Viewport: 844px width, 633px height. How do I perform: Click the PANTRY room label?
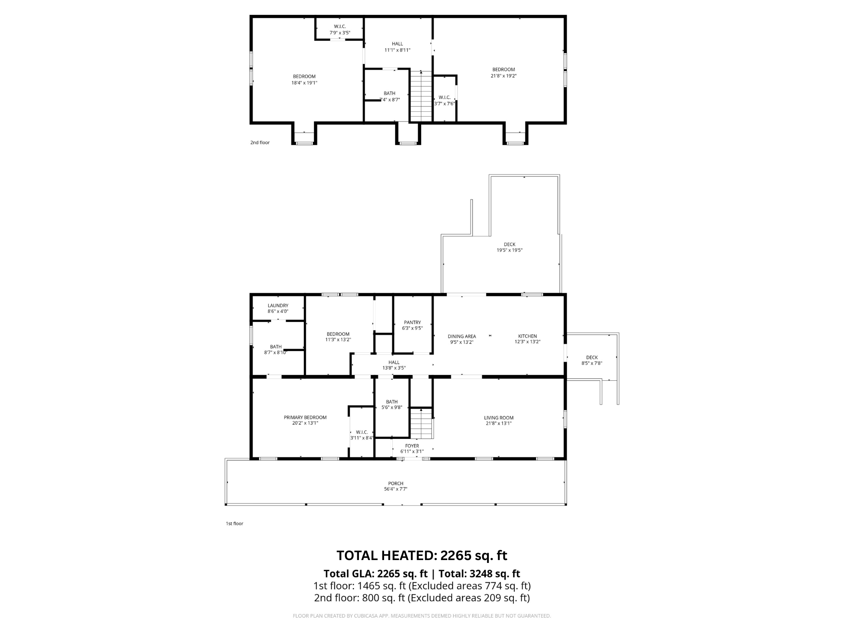click(412, 323)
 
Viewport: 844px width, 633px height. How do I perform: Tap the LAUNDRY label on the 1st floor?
click(278, 306)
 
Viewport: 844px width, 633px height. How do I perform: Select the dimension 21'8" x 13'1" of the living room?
click(499, 423)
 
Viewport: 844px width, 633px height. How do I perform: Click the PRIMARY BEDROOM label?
click(305, 417)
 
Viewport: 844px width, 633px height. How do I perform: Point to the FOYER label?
click(412, 446)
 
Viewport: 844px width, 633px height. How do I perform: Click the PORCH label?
click(396, 483)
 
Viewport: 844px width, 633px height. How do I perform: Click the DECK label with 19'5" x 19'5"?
click(509, 244)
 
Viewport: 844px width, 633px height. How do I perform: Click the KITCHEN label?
click(527, 336)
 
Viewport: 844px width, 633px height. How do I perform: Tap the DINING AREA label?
click(462, 336)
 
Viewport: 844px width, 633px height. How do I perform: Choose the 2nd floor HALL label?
click(397, 44)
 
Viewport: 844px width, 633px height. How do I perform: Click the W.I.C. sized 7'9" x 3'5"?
click(340, 26)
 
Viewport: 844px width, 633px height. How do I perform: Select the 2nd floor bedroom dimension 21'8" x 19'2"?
click(504, 76)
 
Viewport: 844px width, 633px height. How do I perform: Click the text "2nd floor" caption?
click(260, 143)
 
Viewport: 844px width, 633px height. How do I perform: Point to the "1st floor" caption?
click(234, 523)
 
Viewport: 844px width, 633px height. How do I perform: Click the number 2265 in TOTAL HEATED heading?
click(455, 556)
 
